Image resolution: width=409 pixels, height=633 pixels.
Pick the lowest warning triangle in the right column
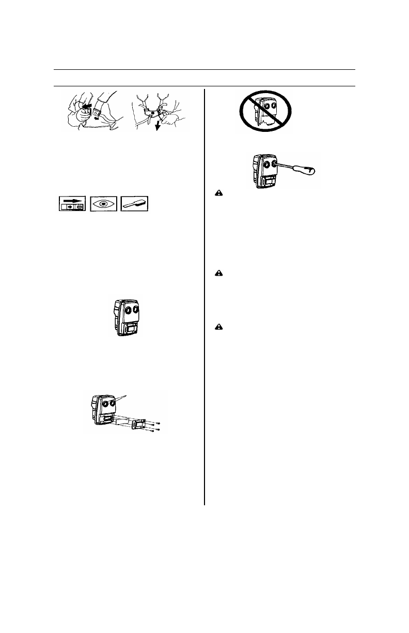219,327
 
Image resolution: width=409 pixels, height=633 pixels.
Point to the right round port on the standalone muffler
135,309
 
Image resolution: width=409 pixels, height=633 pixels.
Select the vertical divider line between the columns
204,295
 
